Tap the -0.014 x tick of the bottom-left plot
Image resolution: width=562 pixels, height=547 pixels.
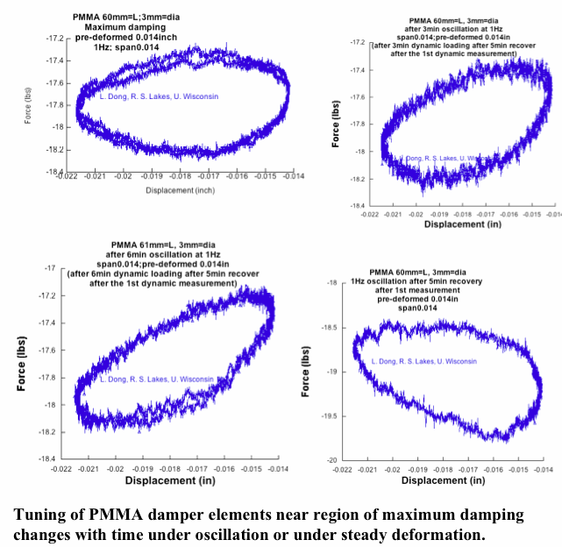pyautogui.click(x=278, y=469)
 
